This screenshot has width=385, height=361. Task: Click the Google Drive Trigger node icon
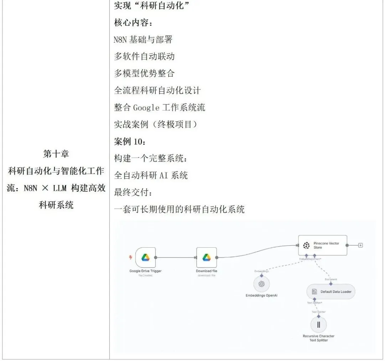point(145,257)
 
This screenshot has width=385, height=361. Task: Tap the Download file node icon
point(206,257)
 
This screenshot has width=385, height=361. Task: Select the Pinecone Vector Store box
point(322,245)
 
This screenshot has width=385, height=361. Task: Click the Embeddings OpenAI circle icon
point(261,284)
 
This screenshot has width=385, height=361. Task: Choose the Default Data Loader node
point(331,292)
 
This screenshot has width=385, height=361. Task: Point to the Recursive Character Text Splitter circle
point(318,324)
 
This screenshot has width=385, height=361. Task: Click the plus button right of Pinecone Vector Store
point(360,245)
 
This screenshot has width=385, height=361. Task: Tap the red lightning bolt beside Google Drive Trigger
point(130,257)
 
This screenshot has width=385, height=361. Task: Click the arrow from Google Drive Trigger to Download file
point(176,257)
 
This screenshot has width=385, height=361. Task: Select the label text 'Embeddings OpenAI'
point(261,295)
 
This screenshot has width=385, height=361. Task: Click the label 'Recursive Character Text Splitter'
point(318,338)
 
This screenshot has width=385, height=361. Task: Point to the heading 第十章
point(56,154)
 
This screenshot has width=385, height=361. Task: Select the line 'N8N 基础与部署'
point(143,40)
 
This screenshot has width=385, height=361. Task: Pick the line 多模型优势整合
point(144,73)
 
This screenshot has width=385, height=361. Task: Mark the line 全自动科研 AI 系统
point(151,175)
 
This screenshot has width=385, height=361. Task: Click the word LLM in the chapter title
point(60,188)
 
